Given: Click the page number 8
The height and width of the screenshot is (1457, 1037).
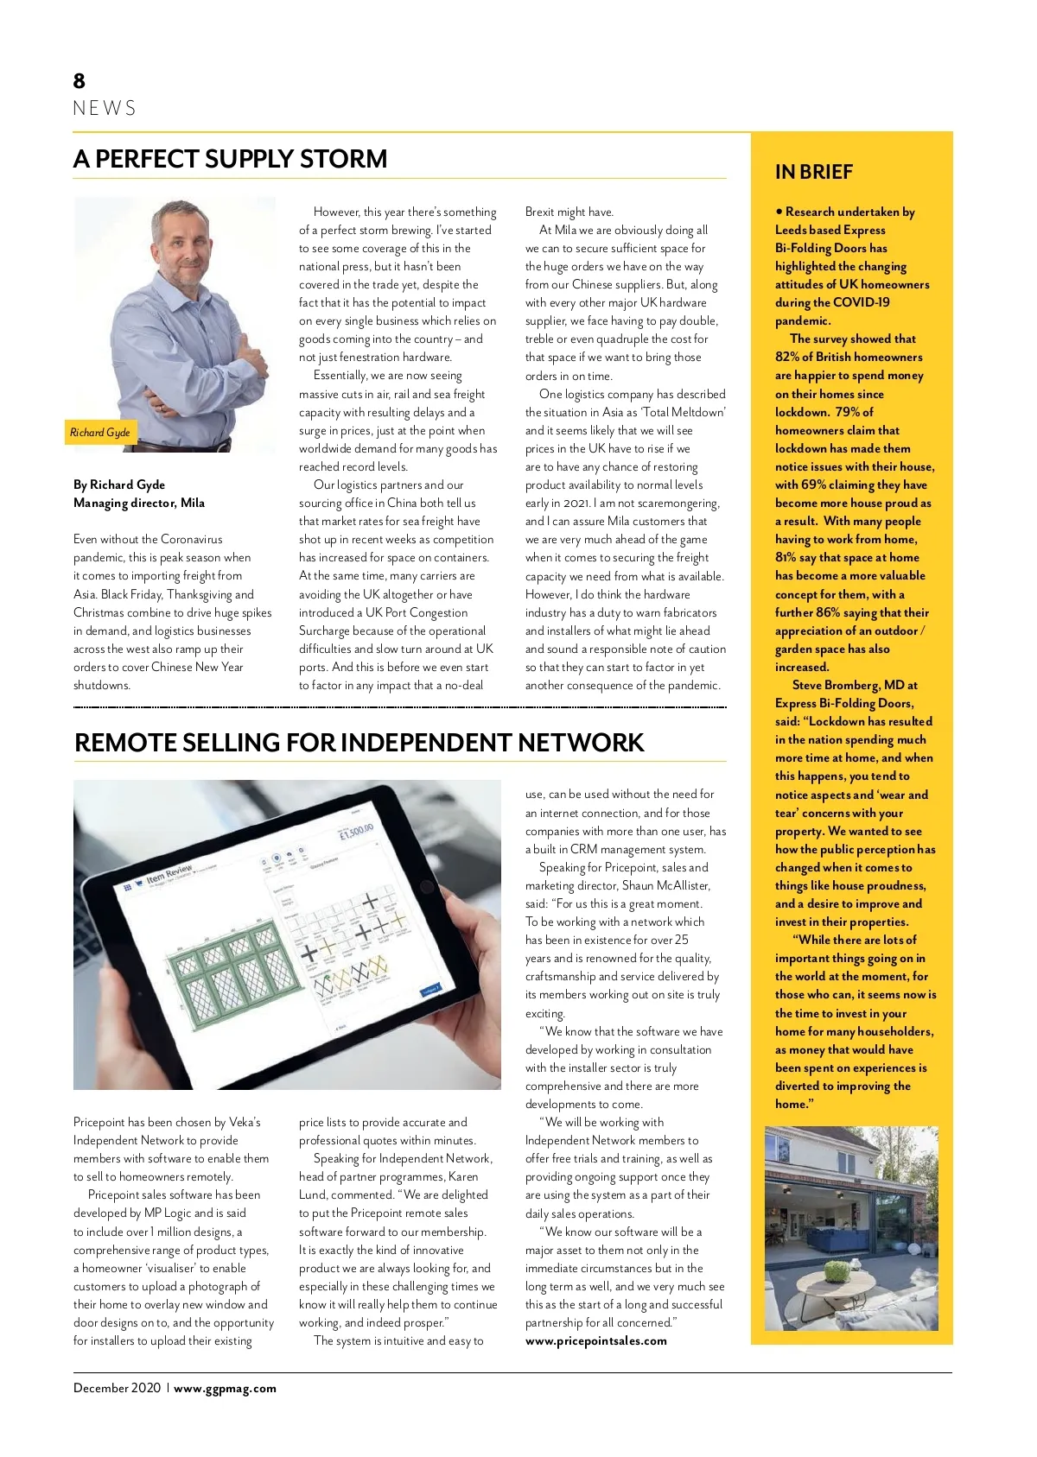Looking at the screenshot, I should [80, 81].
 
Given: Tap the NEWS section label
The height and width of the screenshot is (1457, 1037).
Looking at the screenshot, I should [105, 109].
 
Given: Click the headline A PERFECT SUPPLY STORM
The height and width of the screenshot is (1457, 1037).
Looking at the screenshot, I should [231, 159].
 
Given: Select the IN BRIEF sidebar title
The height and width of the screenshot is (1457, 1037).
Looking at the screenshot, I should [813, 172].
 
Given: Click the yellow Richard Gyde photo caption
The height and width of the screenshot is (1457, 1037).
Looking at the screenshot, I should [100, 432].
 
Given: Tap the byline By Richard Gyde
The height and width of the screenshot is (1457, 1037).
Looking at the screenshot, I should [119, 485].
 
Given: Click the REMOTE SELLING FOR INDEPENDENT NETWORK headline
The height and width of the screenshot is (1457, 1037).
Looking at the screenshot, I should [359, 743].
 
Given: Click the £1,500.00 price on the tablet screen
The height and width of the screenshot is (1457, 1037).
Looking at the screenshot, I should [356, 834].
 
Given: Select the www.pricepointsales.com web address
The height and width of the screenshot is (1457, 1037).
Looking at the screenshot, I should [595, 1341].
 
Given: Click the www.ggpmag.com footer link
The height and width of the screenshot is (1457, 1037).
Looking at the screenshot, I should [225, 1389].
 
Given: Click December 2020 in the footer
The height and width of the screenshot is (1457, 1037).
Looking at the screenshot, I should [117, 1389].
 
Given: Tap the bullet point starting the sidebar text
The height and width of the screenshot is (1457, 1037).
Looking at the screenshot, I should [779, 212].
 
